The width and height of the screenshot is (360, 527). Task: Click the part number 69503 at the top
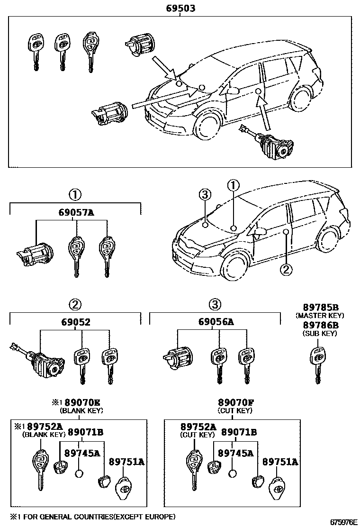(180, 9)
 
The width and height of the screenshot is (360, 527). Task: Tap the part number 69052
(75, 322)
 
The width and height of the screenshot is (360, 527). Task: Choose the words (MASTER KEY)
(320, 315)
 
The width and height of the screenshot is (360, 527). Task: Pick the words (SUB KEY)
(320, 333)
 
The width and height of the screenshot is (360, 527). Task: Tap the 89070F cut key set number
(235, 403)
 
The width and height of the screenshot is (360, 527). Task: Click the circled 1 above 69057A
(75, 194)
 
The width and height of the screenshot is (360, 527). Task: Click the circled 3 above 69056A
(215, 303)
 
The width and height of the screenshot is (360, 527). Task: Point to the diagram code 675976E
(342, 522)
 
